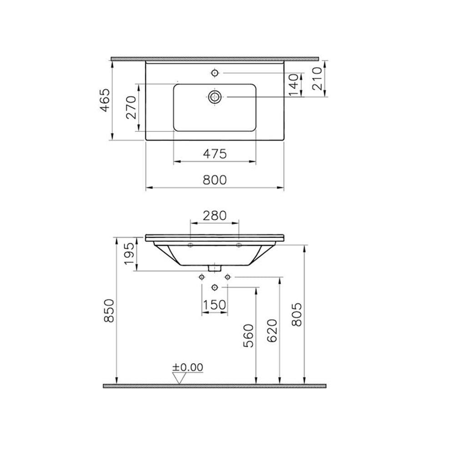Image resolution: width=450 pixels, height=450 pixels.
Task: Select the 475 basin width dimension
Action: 214,154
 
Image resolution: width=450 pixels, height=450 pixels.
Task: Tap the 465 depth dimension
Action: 105,100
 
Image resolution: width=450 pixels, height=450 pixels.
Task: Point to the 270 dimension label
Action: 131,107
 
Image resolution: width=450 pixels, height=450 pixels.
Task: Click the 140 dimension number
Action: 294,85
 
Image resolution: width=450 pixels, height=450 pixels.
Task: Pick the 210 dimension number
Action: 318,78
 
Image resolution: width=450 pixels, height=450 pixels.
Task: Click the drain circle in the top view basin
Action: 215,96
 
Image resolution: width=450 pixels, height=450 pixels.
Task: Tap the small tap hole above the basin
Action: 215,72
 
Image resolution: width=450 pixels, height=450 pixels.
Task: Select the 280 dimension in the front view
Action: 214,215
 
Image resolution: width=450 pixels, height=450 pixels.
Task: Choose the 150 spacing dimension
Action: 214,305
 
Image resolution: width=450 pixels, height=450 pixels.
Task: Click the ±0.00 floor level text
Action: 188,367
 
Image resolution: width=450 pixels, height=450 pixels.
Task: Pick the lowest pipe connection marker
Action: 215,287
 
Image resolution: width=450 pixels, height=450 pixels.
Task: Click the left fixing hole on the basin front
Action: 190,246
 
